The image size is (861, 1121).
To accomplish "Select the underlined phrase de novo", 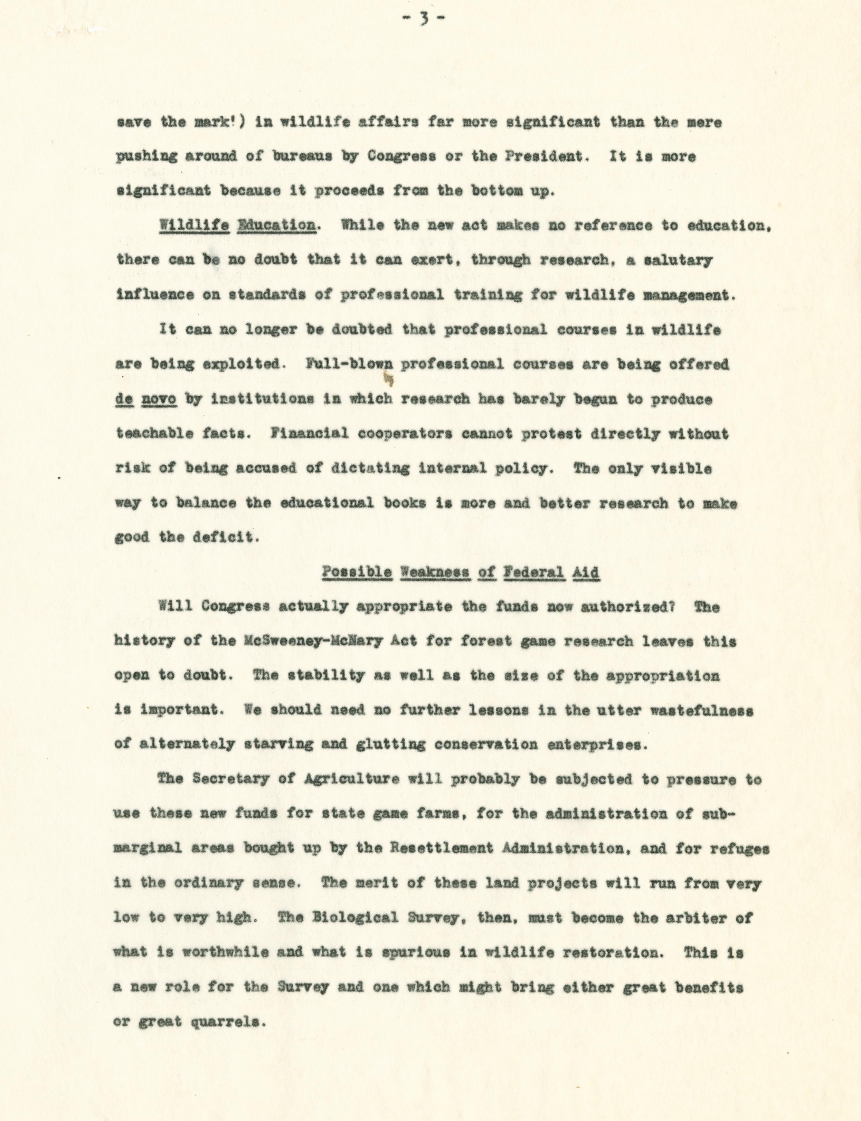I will click(146, 399).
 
